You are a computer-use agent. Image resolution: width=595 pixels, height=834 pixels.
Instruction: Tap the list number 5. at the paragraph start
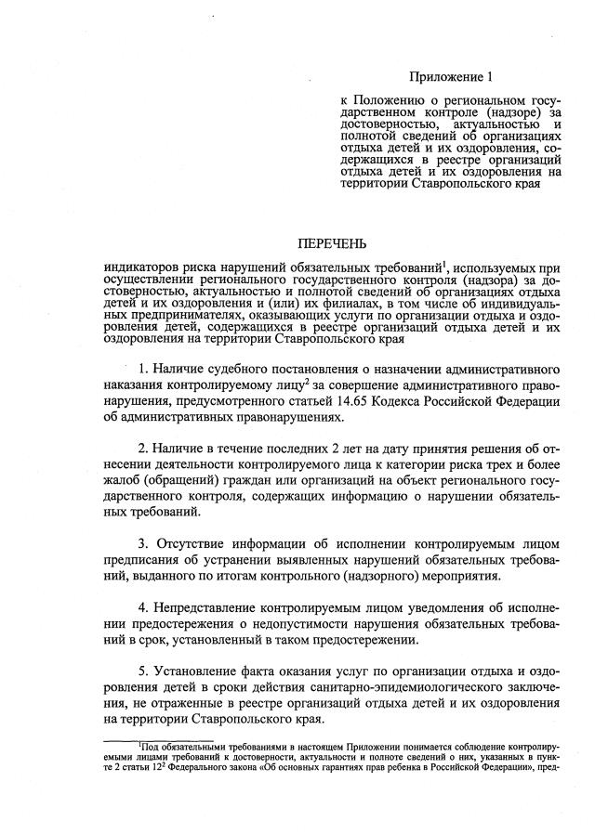[145, 673]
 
